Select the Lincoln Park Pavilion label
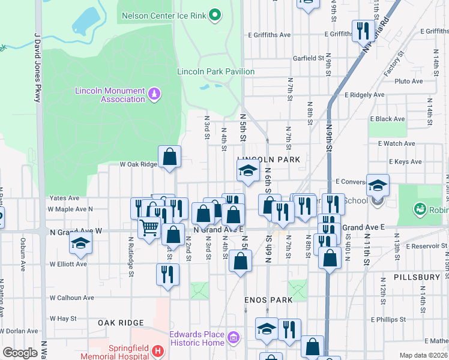[x=215, y=71]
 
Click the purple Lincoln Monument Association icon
[x=154, y=94]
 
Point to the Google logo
[x=20, y=353]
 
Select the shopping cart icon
[x=149, y=227]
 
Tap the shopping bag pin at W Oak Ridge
[x=170, y=157]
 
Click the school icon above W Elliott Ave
[x=80, y=243]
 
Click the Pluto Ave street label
[x=409, y=81]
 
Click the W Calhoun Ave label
[x=71, y=297]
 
